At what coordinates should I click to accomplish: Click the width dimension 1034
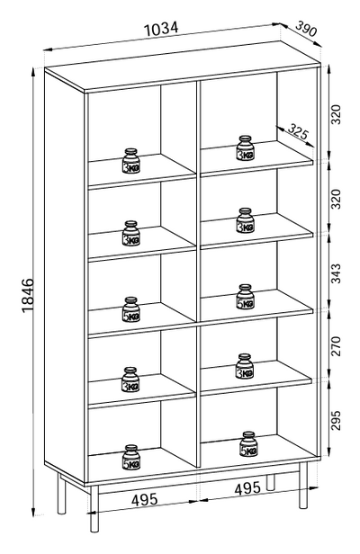pos(162,29)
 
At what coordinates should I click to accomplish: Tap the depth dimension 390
pos(306,29)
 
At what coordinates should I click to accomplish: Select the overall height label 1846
pos(28,295)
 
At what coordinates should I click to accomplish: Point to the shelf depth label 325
pos(298,131)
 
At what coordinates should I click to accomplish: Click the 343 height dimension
pos(336,273)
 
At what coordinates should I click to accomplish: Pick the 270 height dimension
pos(336,346)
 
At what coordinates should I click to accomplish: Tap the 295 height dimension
pos(336,420)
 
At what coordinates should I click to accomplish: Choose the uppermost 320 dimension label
pos(336,114)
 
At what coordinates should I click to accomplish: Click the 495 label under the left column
pos(144,500)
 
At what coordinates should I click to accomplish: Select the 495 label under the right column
pos(247,488)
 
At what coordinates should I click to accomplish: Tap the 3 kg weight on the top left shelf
pos(131,161)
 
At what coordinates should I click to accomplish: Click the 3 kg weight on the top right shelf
pos(246,147)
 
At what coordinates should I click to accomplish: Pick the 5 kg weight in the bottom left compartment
pos(131,457)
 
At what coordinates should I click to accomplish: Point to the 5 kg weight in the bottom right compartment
pos(248,444)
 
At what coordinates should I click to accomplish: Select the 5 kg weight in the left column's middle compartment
pos(131,309)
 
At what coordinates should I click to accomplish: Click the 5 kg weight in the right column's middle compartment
pos(246,297)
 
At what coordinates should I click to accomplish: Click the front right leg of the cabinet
pos(303,486)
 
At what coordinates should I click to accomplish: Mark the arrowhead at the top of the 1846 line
pos(33,72)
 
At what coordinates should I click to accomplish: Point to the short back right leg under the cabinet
pos(271,482)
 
